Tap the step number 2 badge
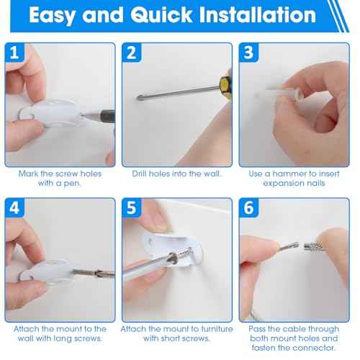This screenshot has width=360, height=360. (132, 53)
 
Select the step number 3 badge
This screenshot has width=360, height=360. (249, 53)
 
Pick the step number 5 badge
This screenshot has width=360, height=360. (132, 207)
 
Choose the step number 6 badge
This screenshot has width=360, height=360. (249, 207)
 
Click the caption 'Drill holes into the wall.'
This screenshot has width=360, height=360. (177, 174)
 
